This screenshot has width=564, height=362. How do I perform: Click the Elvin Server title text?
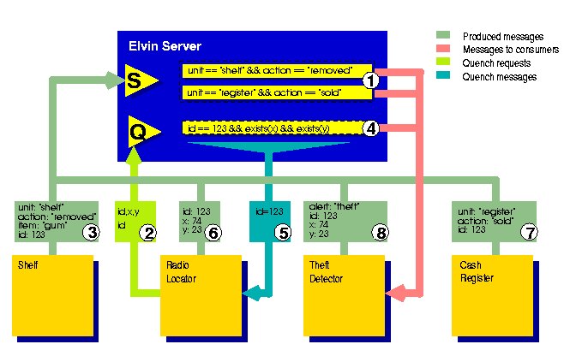coord(165,45)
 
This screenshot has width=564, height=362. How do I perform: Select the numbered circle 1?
coord(370,80)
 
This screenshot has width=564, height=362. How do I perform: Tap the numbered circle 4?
coord(370,128)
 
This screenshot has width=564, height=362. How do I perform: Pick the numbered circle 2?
coord(149,231)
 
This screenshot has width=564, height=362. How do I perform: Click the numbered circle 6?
coord(216,231)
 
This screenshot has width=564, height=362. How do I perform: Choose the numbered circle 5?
coord(282,231)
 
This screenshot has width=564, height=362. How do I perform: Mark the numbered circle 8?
coord(378,231)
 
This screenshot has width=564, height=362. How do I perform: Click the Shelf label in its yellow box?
coord(28,265)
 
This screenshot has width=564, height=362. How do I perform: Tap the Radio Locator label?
coord(183,271)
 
